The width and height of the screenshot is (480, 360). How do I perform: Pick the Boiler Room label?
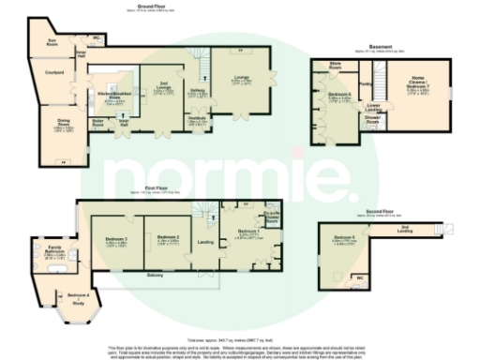click(97, 124)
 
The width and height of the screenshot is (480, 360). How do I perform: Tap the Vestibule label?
click(198, 118)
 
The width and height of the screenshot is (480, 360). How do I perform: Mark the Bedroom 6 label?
click(338, 97)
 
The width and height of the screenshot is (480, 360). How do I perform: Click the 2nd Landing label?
click(405, 228)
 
